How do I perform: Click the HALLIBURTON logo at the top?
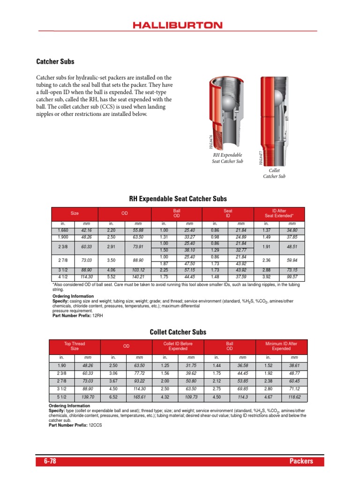(x=180, y=25)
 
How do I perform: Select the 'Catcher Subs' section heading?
(x=55, y=61)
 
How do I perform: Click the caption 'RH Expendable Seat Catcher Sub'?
(x=227, y=157)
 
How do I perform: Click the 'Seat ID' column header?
(x=227, y=213)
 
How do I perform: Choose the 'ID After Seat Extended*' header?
(x=279, y=213)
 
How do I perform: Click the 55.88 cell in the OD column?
(x=138, y=230)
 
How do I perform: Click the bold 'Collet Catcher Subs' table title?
(x=178, y=332)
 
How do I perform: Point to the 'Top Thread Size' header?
(x=75, y=346)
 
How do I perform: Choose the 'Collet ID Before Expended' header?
(x=178, y=346)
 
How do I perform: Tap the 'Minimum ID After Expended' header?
(x=281, y=346)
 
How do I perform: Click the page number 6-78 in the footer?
(x=50, y=461)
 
